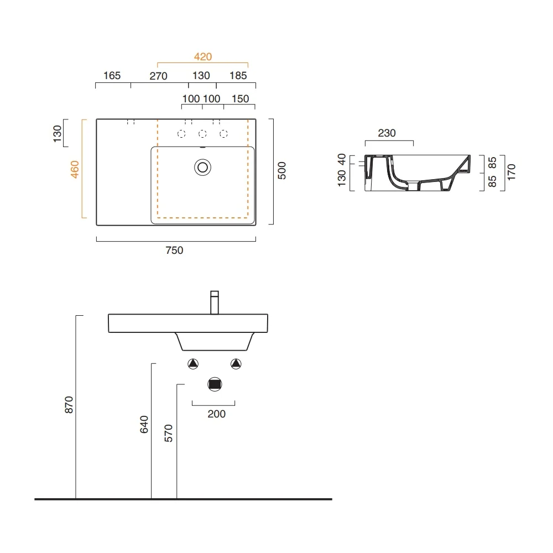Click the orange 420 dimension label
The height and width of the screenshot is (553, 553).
coord(203,57)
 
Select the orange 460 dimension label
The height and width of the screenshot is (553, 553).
coord(75,169)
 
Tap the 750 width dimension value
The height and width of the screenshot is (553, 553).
coord(174,251)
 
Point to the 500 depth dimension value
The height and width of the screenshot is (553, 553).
coord(282,171)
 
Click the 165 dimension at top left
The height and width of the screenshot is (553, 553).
coord(112,75)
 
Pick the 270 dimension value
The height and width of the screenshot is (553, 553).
coord(158,76)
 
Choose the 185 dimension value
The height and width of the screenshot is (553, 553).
coord(238,75)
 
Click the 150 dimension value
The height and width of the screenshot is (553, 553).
coord(240,99)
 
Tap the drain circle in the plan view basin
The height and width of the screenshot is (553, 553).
coord(203,168)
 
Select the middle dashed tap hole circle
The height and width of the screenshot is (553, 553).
coord(202,134)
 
